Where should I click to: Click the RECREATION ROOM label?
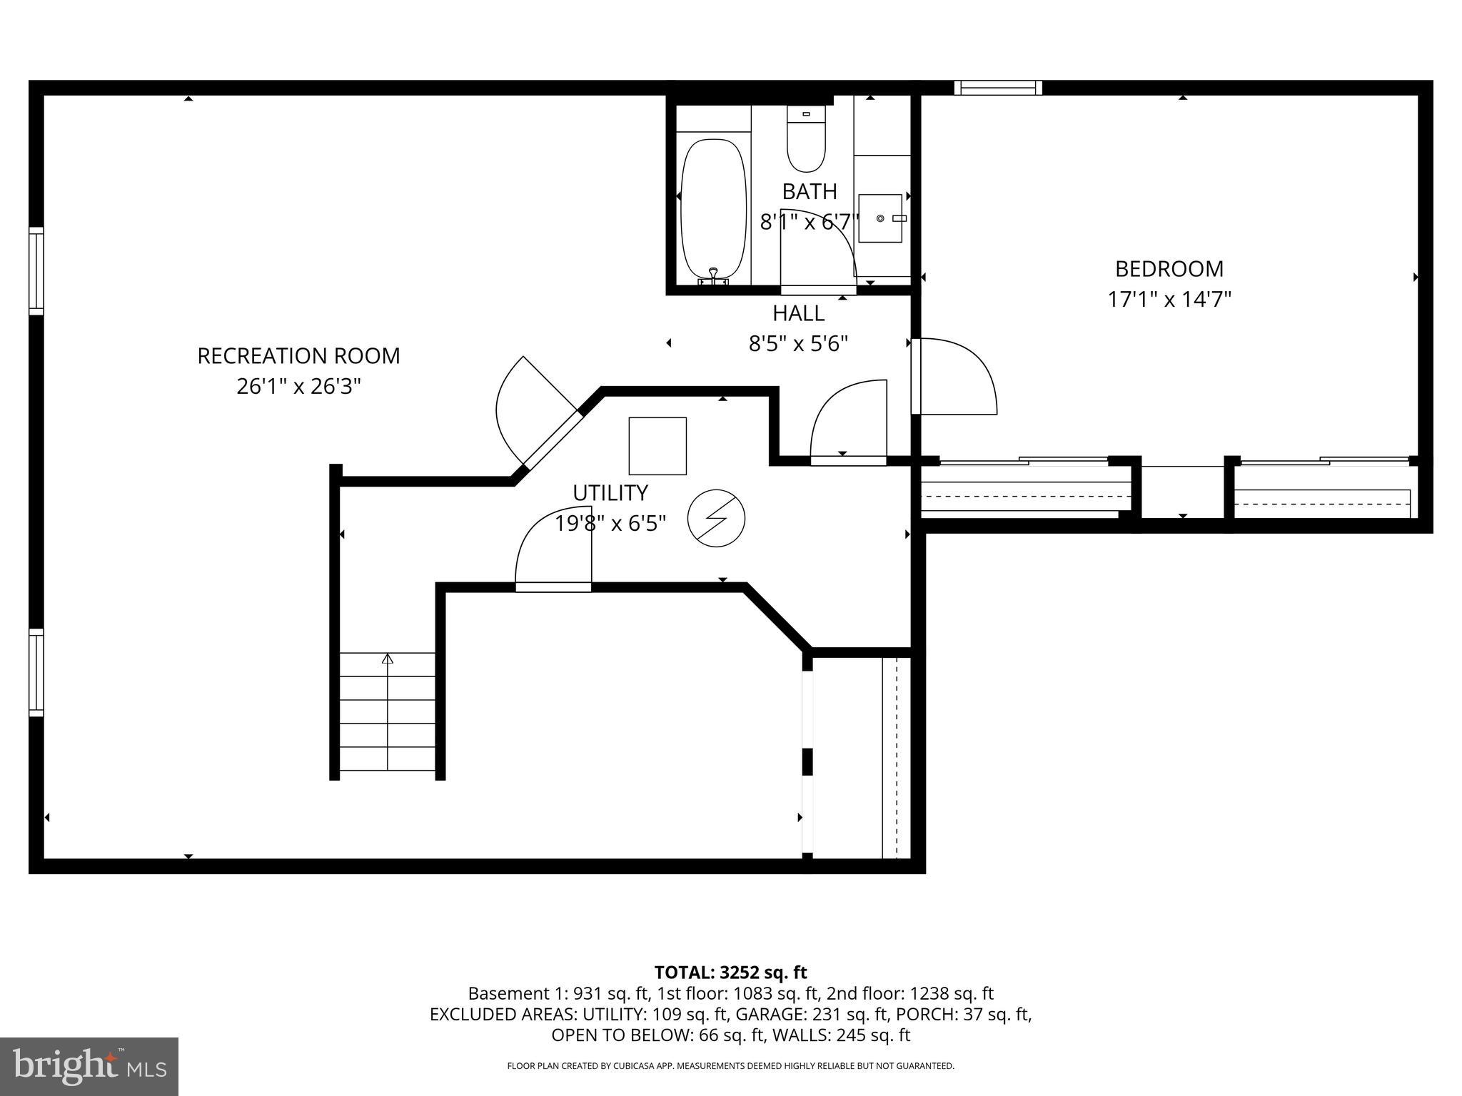click(x=298, y=355)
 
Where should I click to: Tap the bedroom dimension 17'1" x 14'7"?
click(x=1169, y=299)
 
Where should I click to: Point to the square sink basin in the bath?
click(x=880, y=218)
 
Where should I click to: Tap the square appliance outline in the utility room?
click(x=657, y=446)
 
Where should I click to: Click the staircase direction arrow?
click(x=388, y=659)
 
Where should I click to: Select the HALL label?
click(x=798, y=313)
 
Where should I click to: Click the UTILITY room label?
click(x=610, y=493)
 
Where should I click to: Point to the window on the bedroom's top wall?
click(x=998, y=88)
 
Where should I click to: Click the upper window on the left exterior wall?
click(x=36, y=270)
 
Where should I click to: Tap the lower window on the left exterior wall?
click(x=36, y=671)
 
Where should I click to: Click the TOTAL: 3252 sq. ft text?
click(x=730, y=973)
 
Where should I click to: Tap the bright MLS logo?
click(x=89, y=1066)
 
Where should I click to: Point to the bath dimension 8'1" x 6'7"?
click(x=808, y=223)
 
